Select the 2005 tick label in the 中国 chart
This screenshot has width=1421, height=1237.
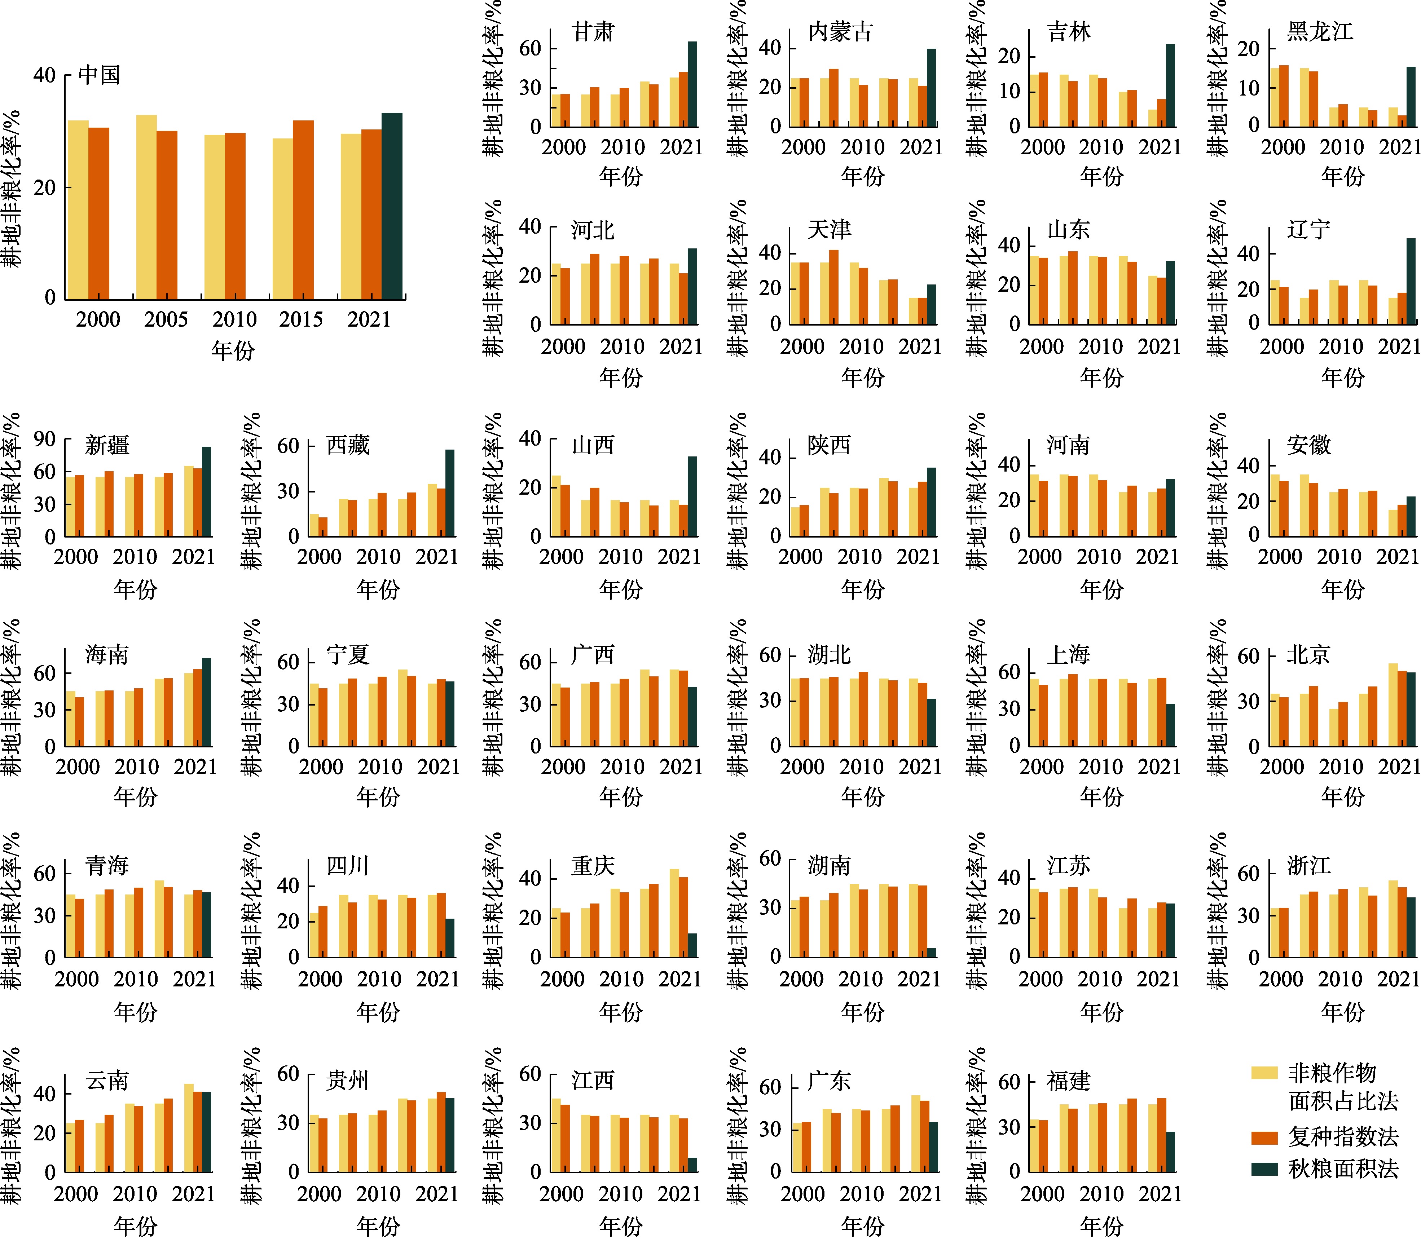click(166, 319)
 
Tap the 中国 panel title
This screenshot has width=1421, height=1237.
click(100, 75)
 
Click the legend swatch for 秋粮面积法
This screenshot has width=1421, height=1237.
click(1264, 1168)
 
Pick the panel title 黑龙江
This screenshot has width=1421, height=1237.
click(1320, 32)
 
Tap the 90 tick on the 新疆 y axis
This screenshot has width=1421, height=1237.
click(45, 439)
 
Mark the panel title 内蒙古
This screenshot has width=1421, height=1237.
click(840, 32)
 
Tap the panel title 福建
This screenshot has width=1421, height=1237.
click(1068, 1081)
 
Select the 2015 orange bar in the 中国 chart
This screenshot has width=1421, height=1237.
click(303, 210)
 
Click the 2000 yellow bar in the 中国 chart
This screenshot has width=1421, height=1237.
click(78, 210)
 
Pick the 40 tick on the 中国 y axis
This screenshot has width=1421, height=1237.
click(45, 75)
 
